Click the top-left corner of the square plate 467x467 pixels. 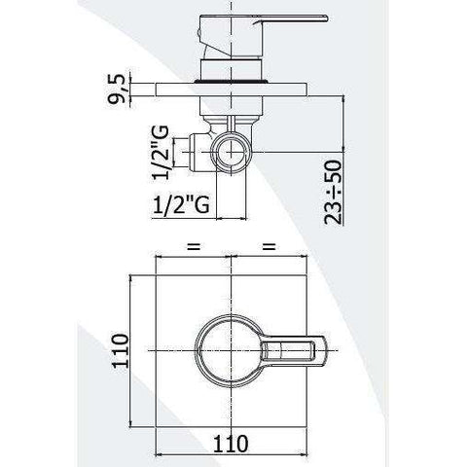(x=155, y=275)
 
